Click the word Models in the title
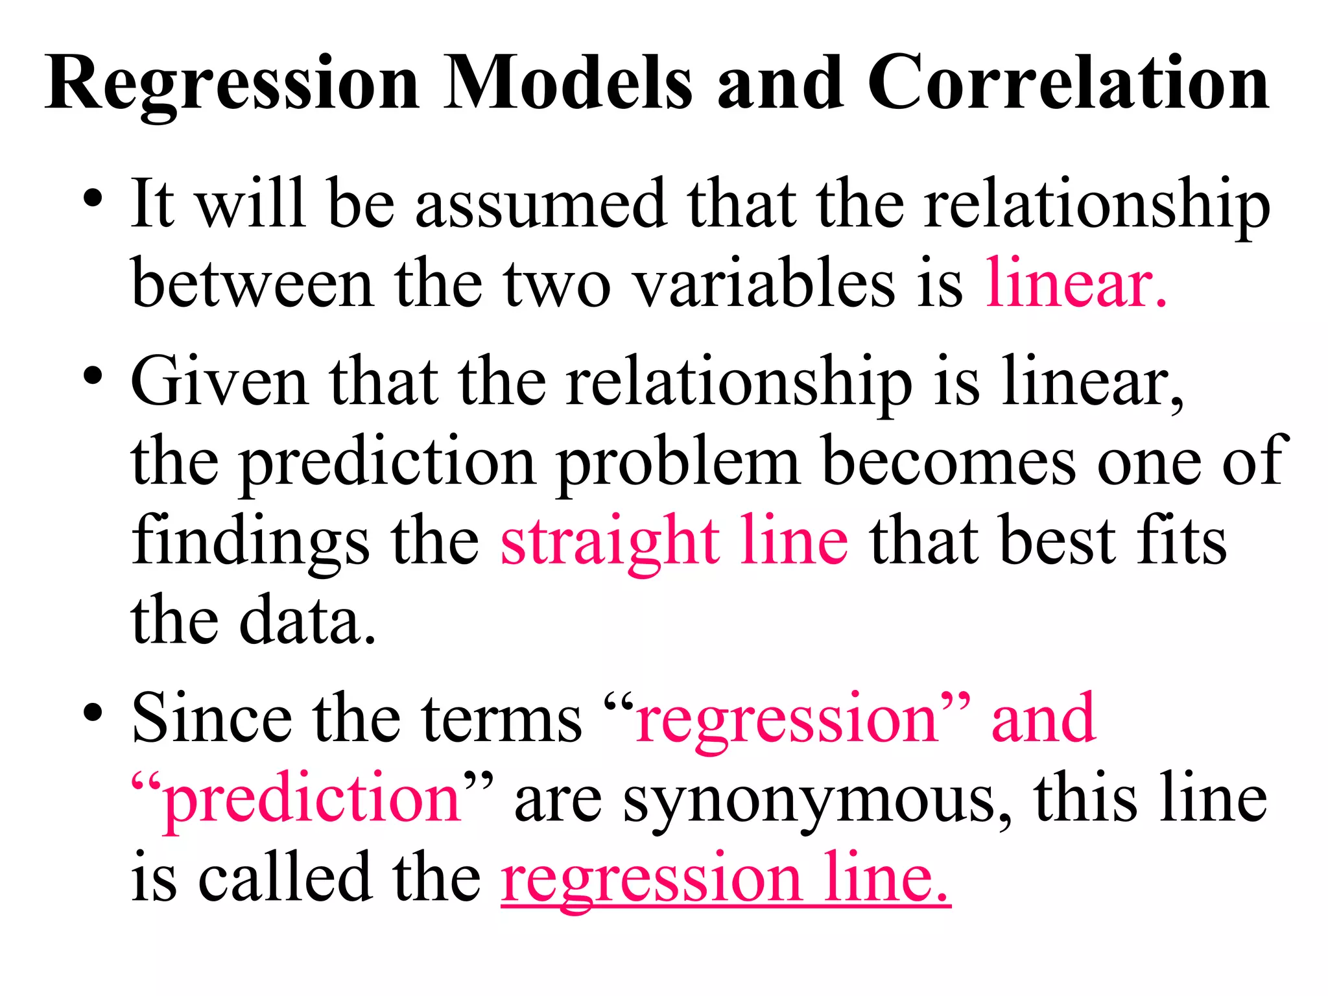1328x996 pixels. pyautogui.click(x=569, y=84)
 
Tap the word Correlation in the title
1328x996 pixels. pyautogui.click(x=1068, y=84)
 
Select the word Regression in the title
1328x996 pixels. pyautogui.click(x=233, y=84)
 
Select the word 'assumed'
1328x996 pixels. pyautogui.click(x=541, y=204)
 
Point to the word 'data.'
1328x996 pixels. pyautogui.click(x=307, y=621)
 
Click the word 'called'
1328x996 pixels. pyautogui.click(x=285, y=879)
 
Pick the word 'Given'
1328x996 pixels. pyautogui.click(x=219, y=383)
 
